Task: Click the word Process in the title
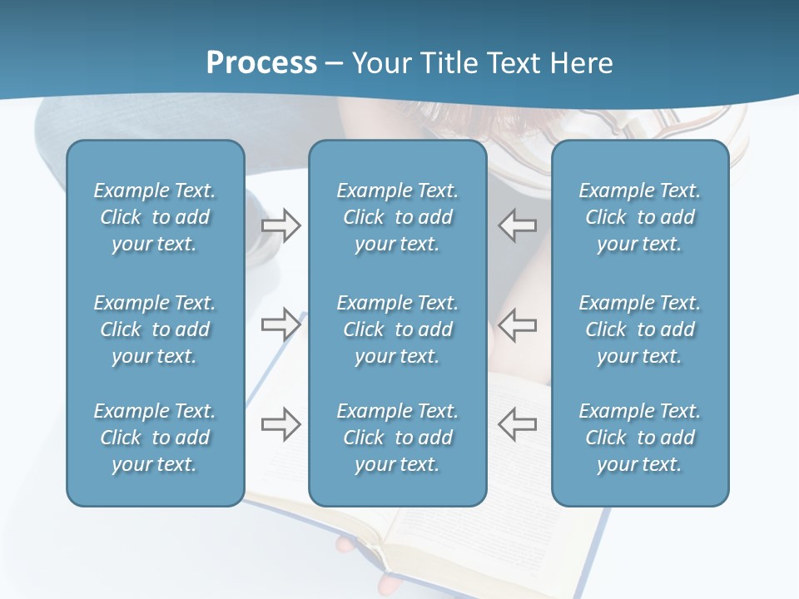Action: coord(261,63)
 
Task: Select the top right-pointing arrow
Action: coord(280,225)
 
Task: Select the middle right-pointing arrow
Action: coord(280,324)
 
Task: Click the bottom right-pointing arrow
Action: coord(280,424)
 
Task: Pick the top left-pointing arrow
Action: coord(518,225)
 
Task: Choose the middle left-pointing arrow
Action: coord(518,324)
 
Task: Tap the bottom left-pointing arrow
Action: coord(518,424)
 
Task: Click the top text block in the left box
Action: coord(155,217)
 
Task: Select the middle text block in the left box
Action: coord(155,329)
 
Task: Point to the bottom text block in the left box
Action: coord(155,438)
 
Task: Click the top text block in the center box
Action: coord(397,217)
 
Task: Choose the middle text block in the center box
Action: coord(397,329)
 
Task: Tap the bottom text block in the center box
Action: coord(397,438)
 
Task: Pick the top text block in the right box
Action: coord(640,217)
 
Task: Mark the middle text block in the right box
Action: coord(640,329)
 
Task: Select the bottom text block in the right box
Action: coord(640,438)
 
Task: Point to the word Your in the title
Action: coord(381,63)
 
